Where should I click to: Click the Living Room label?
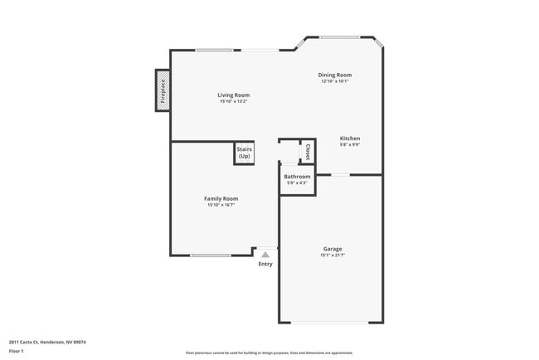235,95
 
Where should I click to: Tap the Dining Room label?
335,75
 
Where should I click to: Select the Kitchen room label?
350,138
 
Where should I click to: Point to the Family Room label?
221,198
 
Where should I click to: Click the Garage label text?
333,249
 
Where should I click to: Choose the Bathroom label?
297,177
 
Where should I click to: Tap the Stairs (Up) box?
244,153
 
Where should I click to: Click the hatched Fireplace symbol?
163,90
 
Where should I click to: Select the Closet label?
308,153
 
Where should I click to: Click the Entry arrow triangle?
265,255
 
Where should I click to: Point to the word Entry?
265,264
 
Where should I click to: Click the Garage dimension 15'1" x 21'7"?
333,255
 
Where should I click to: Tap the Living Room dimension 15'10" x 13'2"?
235,102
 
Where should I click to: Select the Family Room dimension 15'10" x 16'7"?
221,205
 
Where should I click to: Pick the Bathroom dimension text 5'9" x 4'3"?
297,182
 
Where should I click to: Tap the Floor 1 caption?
17,351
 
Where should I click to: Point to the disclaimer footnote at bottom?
269,353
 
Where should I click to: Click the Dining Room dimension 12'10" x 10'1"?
335,81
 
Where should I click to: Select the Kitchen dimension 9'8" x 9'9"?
350,144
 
